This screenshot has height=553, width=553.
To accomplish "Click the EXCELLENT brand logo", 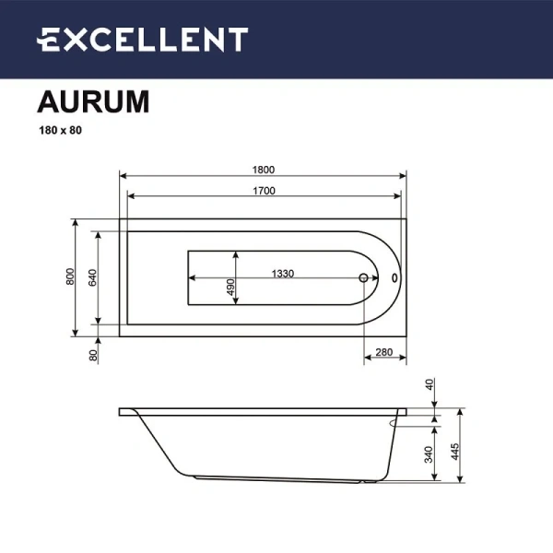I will point(143,40).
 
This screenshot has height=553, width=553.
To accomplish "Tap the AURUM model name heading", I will point(92,101).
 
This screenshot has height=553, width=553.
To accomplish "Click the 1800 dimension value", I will point(264,169).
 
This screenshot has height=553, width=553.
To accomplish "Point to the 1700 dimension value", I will point(264,191).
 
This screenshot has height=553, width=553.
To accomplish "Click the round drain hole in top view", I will point(363,276).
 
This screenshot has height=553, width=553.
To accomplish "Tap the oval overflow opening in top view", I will point(394,276).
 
